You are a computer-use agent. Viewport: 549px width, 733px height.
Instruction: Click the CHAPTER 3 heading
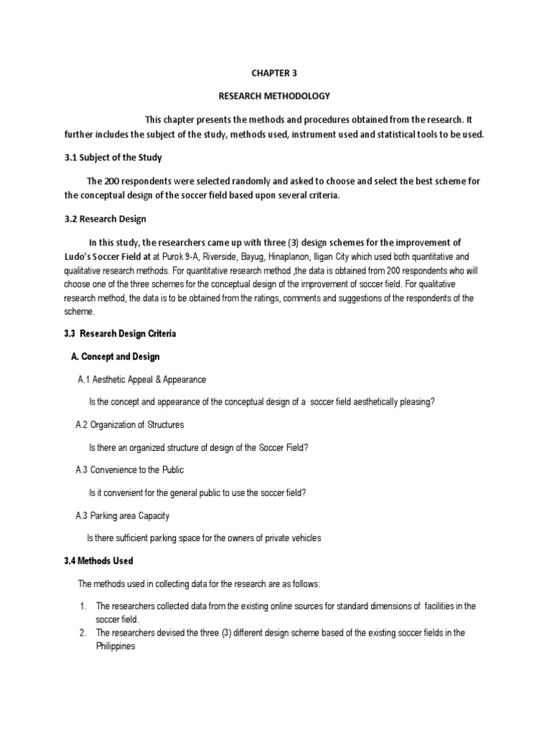(x=273, y=72)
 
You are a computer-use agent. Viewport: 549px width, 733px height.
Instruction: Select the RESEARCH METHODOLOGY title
(x=274, y=95)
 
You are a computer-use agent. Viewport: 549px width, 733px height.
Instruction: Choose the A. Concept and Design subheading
(x=115, y=356)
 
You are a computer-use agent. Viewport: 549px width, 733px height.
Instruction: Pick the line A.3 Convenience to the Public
(x=129, y=470)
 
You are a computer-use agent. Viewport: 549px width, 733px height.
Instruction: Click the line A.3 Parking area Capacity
(x=122, y=515)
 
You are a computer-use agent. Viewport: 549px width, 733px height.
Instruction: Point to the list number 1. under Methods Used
(x=83, y=606)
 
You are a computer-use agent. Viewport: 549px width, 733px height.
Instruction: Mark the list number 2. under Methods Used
(x=83, y=632)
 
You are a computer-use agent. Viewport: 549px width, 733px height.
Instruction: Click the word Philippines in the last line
(x=115, y=645)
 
